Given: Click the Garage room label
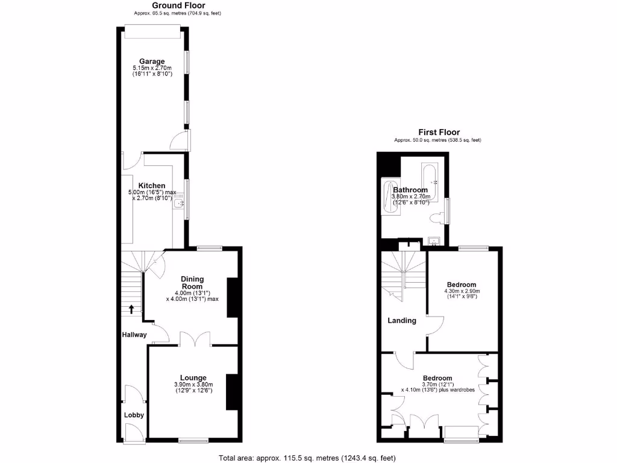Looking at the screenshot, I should pyautogui.click(x=152, y=61).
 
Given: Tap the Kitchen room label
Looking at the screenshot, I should pyautogui.click(x=152, y=185).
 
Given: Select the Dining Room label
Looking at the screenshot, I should pyautogui.click(x=193, y=283).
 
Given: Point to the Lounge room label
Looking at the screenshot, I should pyautogui.click(x=193, y=378).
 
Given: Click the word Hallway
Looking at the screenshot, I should pyautogui.click(x=134, y=335).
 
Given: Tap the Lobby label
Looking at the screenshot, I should pyautogui.click(x=134, y=415).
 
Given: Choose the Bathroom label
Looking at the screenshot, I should pyautogui.click(x=410, y=190).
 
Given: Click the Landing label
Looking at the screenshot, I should pyautogui.click(x=401, y=321).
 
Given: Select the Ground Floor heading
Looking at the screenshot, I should pyautogui.click(x=170, y=5).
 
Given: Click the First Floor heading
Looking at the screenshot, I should pyautogui.click(x=439, y=133).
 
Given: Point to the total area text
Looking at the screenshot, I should pyautogui.click(x=307, y=458).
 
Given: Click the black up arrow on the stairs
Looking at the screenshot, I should pyautogui.click(x=131, y=309).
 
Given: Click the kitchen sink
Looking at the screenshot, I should pyautogui.click(x=178, y=206).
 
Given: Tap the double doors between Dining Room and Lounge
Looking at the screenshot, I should pyautogui.click(x=195, y=339).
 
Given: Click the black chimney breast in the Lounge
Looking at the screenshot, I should pyautogui.click(x=231, y=392).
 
